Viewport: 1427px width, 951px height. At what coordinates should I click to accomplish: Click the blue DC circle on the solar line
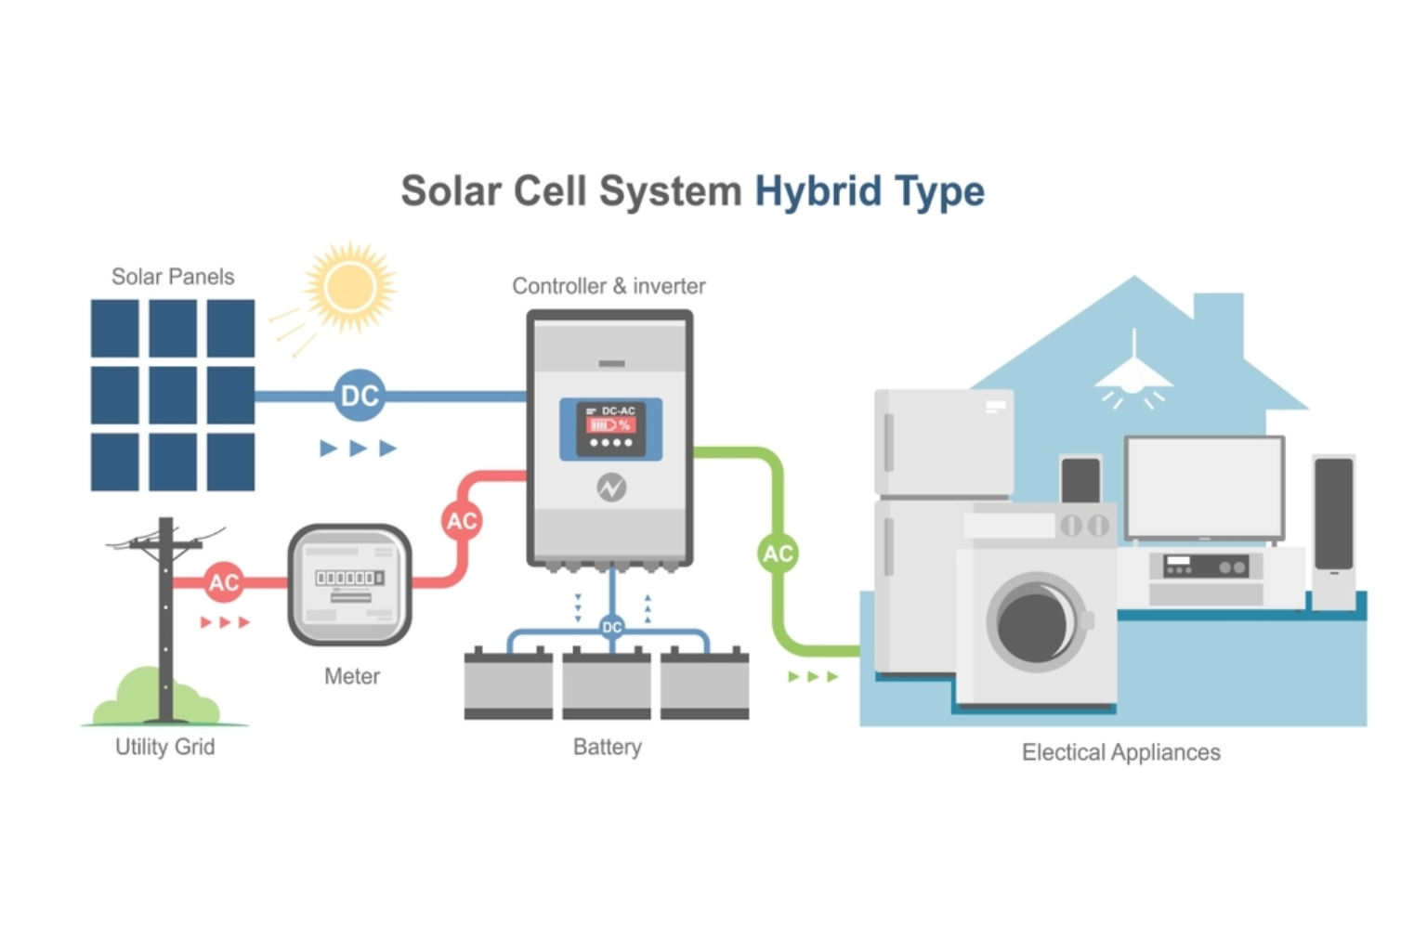point(360,396)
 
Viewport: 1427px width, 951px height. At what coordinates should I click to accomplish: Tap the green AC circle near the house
point(778,554)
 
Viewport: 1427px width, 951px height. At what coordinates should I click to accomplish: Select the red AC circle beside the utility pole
point(223,582)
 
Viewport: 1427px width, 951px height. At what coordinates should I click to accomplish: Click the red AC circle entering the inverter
point(462,521)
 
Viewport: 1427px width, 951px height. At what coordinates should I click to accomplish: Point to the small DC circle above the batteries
point(611,627)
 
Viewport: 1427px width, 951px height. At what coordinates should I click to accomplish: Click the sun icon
point(349,286)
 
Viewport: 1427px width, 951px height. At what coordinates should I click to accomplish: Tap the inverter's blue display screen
point(610,429)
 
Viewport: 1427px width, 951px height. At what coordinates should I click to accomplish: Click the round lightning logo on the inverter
point(611,487)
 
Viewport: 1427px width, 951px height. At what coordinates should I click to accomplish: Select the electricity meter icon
point(349,584)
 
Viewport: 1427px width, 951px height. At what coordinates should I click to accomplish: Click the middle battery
point(607,684)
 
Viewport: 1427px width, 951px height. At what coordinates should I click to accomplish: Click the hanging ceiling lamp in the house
point(1133,376)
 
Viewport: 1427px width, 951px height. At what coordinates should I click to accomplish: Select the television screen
point(1204,487)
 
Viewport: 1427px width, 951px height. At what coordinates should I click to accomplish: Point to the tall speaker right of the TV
point(1333,531)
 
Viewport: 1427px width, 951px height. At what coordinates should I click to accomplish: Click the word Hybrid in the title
point(818,191)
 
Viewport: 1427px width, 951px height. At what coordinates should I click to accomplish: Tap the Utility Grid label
point(164,747)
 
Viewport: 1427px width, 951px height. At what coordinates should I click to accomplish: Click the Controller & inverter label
point(609,286)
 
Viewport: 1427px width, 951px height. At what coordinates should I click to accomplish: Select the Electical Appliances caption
point(1120,752)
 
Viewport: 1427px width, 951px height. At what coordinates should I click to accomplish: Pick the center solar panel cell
point(173,395)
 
